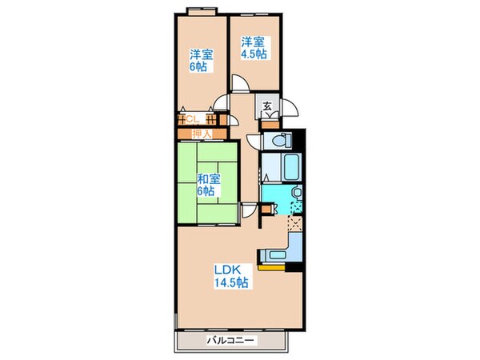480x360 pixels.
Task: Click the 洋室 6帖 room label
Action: tap(200, 61)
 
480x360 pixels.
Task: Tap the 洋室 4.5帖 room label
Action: tap(255, 47)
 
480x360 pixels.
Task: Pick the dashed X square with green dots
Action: tap(296, 210)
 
